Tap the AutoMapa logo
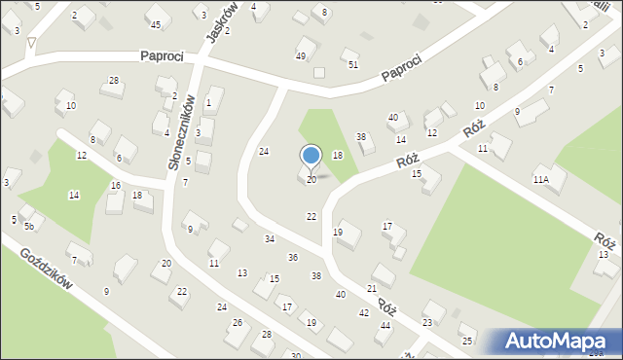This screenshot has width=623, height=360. tap(558, 342)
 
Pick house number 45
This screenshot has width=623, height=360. tap(156, 23)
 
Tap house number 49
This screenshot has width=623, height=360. tap(301, 55)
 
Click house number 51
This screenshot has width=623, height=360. tap(353, 64)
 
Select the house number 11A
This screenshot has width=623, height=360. tap(540, 180)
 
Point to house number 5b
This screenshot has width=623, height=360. tap(29, 227)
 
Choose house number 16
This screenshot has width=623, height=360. tap(116, 185)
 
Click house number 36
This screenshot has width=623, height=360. tap(292, 257)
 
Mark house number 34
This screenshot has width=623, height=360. tap(269, 238)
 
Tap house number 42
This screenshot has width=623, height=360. tap(363, 312)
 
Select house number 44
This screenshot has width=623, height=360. tap(385, 325)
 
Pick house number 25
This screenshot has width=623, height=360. tap(467, 341)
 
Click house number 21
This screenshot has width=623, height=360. tap(371, 289)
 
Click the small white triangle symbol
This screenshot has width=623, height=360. tap(32, 43)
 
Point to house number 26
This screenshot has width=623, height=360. tap(237, 322)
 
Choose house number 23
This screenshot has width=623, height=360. tap(426, 322)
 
